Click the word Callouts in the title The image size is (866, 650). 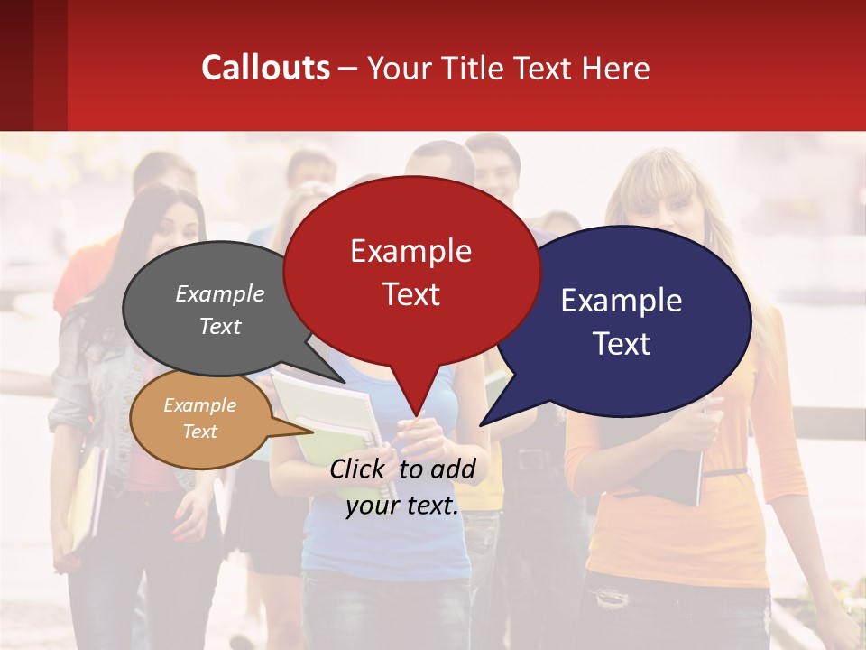pyautogui.click(x=265, y=68)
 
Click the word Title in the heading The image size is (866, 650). pyautogui.click(x=476, y=68)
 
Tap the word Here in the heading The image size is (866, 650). pyautogui.click(x=616, y=68)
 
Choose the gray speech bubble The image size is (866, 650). pyautogui.click(x=180, y=348)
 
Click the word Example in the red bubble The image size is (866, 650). pyautogui.click(x=410, y=251)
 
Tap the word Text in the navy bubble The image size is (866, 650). pyautogui.click(x=622, y=344)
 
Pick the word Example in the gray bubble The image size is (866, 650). pyautogui.click(x=219, y=293)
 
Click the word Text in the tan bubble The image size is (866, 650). pyautogui.click(x=199, y=432)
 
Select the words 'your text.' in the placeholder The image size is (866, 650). pyautogui.click(x=402, y=506)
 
